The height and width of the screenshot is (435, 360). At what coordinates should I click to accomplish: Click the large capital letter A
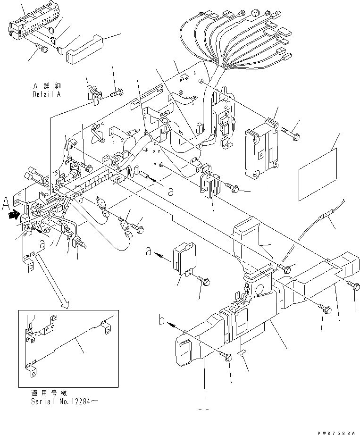click(x=6, y=204)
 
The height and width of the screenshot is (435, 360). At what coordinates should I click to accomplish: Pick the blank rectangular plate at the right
click(x=319, y=166)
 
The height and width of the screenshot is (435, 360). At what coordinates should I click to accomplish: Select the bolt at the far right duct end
click(x=355, y=285)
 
